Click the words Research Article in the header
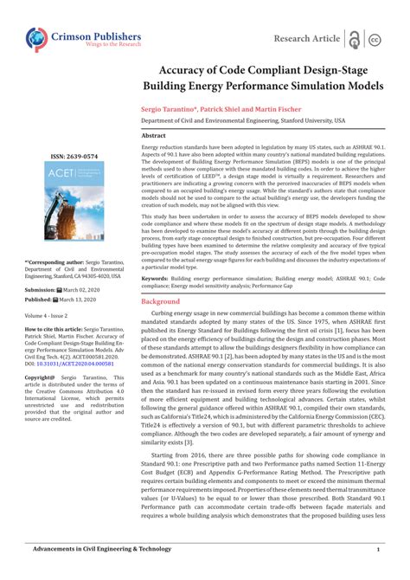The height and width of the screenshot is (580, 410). tap(305, 39)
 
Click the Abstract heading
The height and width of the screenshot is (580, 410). tap(154, 136)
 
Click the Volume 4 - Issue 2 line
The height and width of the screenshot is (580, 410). tap(51, 316)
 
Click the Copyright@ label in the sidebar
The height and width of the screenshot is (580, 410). tap(41, 377)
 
